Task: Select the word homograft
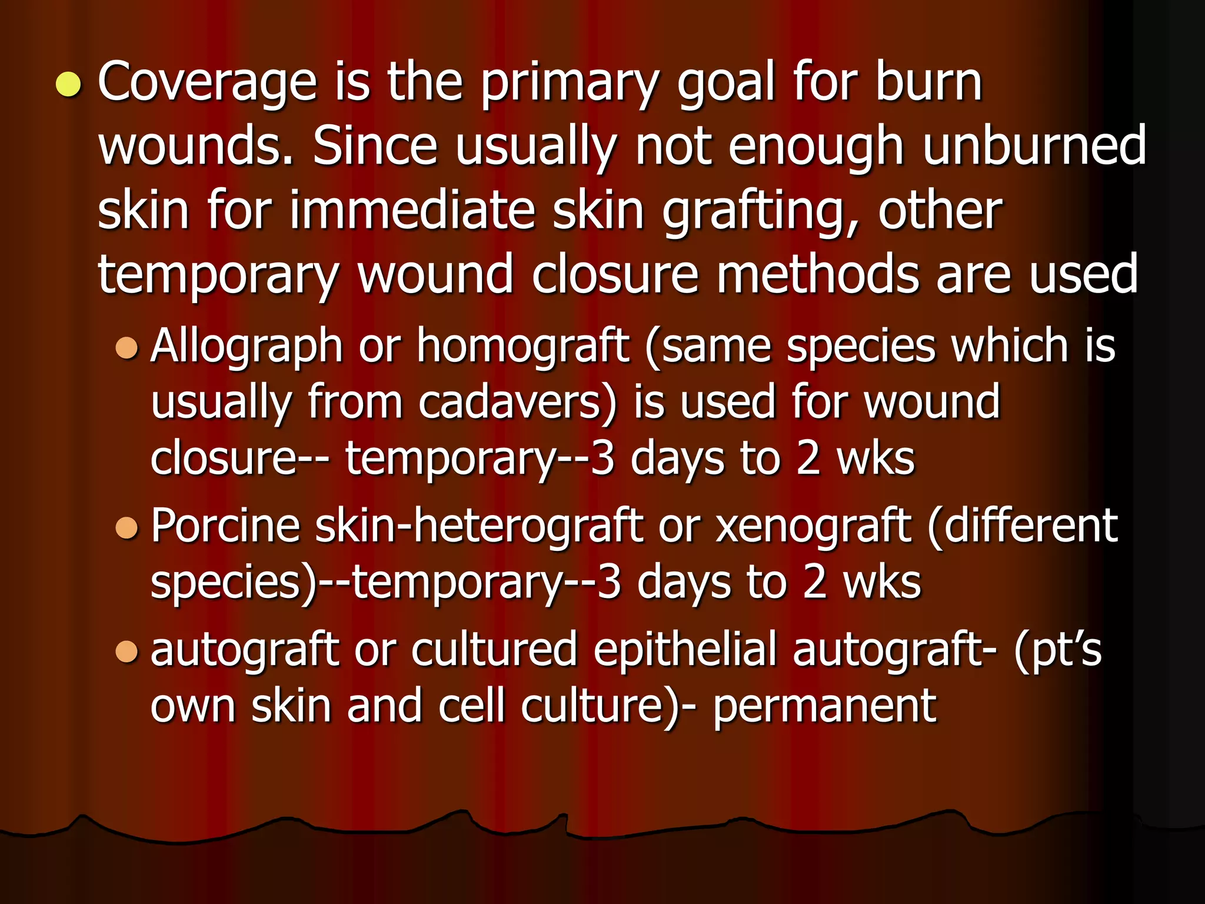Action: (523, 346)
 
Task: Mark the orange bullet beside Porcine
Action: (127, 527)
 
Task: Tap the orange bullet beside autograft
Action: (127, 651)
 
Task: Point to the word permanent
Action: (824, 706)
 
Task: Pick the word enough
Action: (815, 147)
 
